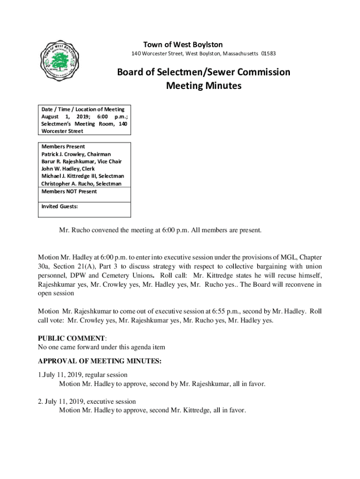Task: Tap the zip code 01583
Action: click(268, 54)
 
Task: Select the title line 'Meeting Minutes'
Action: click(203, 86)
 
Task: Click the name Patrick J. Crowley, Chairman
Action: click(76, 154)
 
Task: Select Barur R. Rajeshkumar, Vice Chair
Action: click(81, 161)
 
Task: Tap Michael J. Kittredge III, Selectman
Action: click(83, 176)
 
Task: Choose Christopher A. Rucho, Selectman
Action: click(81, 184)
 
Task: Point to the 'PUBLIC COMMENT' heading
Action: click(71, 338)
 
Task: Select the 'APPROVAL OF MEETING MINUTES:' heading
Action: click(100, 361)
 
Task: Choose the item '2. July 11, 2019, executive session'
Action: click(87, 401)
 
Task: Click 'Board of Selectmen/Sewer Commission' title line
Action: click(203, 72)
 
